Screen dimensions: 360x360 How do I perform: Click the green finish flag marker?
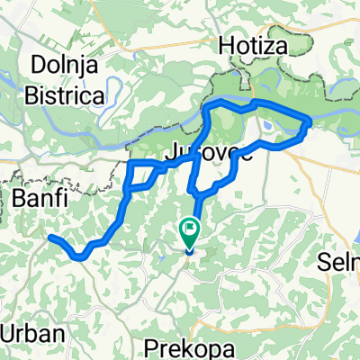click(190, 230)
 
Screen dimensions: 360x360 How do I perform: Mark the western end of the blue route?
click(50, 238)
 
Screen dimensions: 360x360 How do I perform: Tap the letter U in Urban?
click(7, 333)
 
